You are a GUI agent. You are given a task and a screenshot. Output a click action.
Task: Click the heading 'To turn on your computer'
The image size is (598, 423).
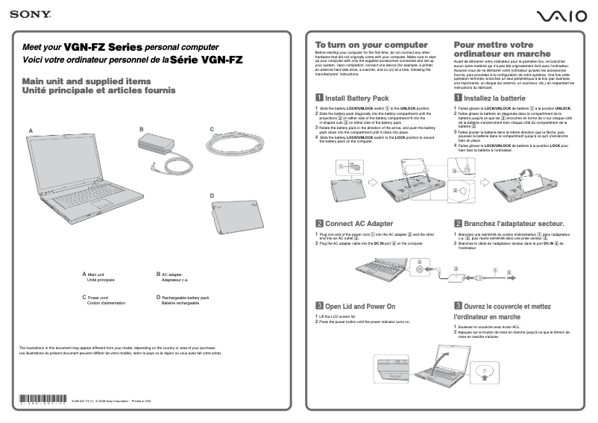click(x=361, y=45)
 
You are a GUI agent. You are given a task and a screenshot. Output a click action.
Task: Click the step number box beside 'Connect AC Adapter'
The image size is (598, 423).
click(x=319, y=223)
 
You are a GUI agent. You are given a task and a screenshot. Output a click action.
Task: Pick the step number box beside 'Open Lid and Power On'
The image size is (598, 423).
click(x=319, y=306)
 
